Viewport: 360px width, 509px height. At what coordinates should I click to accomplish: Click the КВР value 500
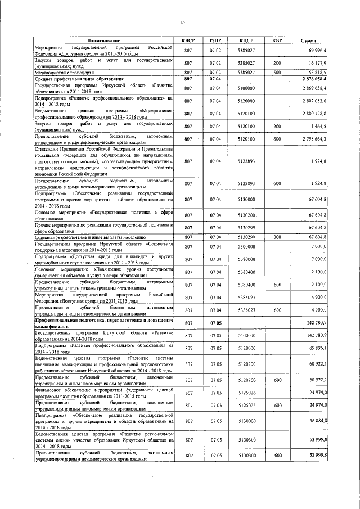coord(277,72)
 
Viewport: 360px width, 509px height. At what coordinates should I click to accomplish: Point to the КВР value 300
coord(277,237)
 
